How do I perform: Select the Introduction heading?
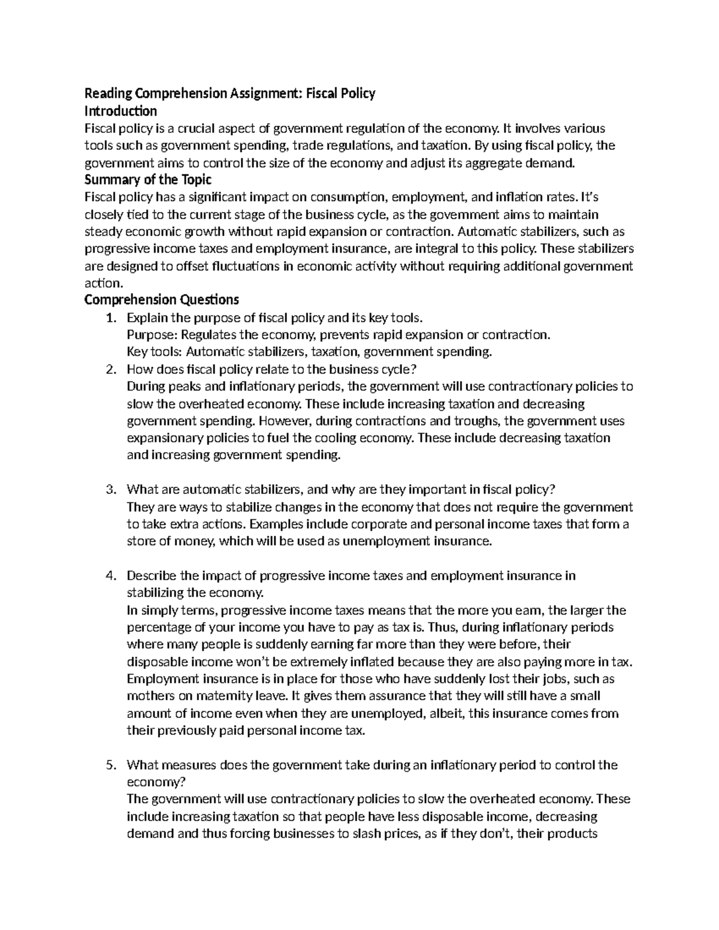[x=120, y=111]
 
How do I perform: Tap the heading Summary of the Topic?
[x=148, y=180]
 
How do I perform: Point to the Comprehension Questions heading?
[x=162, y=299]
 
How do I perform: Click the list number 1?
[x=110, y=317]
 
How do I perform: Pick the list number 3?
[x=110, y=490]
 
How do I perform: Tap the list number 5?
[x=110, y=765]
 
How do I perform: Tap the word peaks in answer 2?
[x=189, y=387]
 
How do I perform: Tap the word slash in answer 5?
[x=371, y=834]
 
